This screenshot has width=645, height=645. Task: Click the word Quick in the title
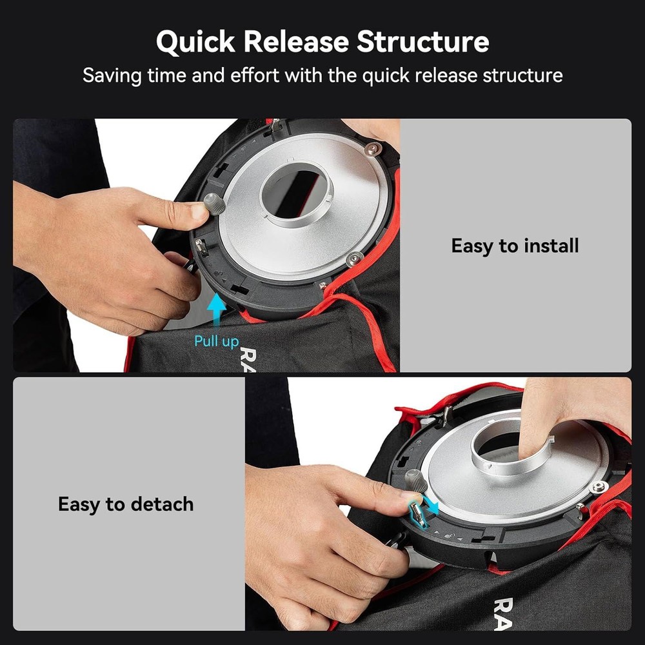195,43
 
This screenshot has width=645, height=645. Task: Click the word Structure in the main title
423,41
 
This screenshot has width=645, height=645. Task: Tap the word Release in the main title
296,41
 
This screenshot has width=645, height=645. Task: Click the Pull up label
216,341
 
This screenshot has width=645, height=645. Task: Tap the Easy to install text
515,246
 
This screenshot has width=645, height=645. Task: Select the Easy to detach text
126,504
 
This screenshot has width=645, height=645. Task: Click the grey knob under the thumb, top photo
215,204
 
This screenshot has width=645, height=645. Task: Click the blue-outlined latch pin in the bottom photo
417,514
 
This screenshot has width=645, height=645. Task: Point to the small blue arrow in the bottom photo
432,506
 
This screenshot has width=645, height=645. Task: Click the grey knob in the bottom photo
415,481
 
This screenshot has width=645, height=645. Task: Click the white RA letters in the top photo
248,361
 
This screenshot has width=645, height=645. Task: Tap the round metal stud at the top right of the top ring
373,148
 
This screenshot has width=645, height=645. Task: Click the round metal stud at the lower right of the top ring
353,259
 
